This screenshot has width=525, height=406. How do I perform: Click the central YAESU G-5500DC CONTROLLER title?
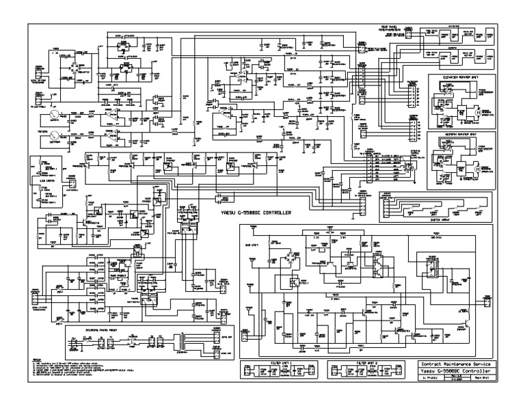[x=256, y=213]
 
